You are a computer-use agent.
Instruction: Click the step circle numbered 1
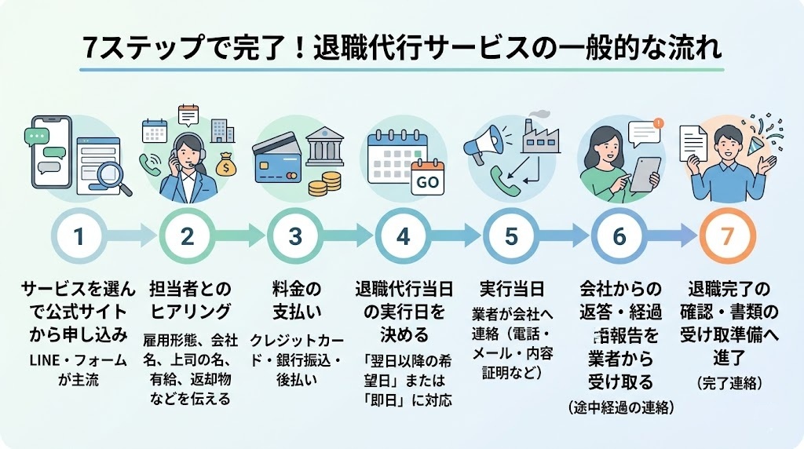[x=79, y=235]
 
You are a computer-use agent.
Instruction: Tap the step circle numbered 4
[x=403, y=235]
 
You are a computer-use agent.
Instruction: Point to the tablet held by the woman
[x=647, y=173]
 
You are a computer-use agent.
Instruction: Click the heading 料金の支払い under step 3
[x=295, y=298]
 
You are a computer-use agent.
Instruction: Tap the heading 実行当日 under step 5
[x=511, y=287]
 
